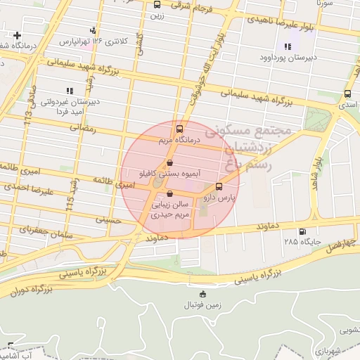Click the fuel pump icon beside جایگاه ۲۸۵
(x=302, y=231)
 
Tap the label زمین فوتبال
(x=202, y=305)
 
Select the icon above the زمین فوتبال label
(x=203, y=294)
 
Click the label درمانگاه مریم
(x=179, y=141)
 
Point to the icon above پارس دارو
(x=219, y=187)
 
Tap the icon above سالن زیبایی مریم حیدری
(x=169, y=194)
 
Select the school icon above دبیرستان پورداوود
(x=287, y=46)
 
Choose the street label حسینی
(x=112, y=220)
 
